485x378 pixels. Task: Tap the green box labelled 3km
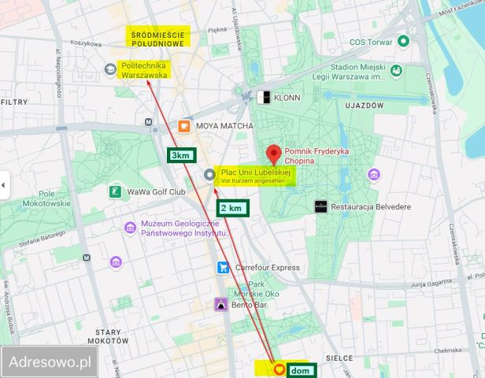(180, 155)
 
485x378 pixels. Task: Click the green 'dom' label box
(300, 369)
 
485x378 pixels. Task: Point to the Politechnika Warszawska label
(145, 70)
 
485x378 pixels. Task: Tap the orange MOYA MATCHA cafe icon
(183, 125)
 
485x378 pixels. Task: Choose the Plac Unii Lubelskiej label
(256, 173)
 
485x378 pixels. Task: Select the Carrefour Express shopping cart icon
(224, 267)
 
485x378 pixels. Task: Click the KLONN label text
(287, 98)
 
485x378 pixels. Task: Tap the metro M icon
(150, 122)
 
